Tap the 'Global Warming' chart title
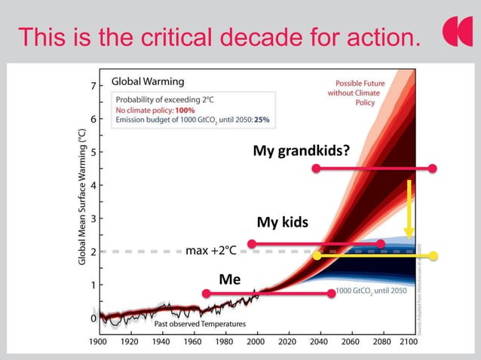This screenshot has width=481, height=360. click(x=148, y=81)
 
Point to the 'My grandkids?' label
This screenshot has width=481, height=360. click(x=301, y=151)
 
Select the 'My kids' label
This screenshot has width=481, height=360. click(x=283, y=222)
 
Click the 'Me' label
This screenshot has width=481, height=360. click(x=230, y=279)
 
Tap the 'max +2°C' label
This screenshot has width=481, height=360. click(x=211, y=251)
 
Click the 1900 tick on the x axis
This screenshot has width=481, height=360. click(x=97, y=340)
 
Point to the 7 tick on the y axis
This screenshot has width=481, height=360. click(x=93, y=86)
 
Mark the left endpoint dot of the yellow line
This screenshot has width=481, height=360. click(x=317, y=255)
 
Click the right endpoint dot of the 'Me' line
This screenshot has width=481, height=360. click(x=331, y=293)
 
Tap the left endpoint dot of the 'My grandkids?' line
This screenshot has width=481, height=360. click(x=316, y=168)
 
